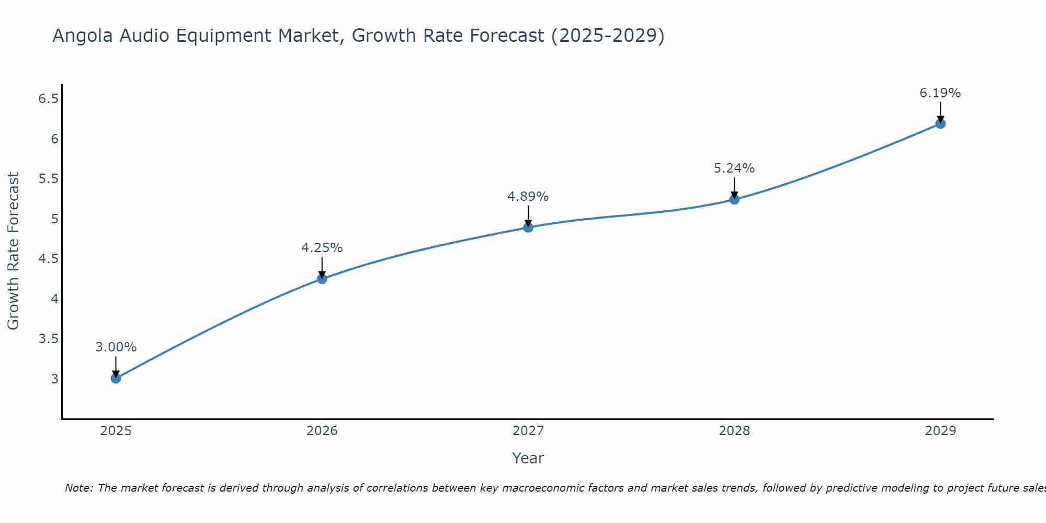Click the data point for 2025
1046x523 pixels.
(116, 378)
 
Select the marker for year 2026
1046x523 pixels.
(322, 279)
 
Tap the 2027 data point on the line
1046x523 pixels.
(528, 227)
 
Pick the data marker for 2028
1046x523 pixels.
(734, 199)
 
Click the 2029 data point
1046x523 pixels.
(940, 123)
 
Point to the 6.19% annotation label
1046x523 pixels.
(940, 93)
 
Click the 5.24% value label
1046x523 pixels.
(734, 168)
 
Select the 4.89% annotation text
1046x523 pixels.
(528, 197)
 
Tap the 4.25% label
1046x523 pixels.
(322, 248)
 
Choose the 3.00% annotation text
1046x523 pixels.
(116, 347)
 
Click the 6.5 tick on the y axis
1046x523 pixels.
(48, 98)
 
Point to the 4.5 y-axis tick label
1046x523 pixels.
(48, 259)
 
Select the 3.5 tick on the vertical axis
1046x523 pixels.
(48, 339)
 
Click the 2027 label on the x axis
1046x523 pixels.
(528, 431)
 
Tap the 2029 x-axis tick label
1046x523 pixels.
(940, 431)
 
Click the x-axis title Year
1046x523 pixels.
(528, 458)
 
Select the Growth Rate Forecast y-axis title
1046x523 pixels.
(13, 251)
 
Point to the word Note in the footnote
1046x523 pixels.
(78, 488)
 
